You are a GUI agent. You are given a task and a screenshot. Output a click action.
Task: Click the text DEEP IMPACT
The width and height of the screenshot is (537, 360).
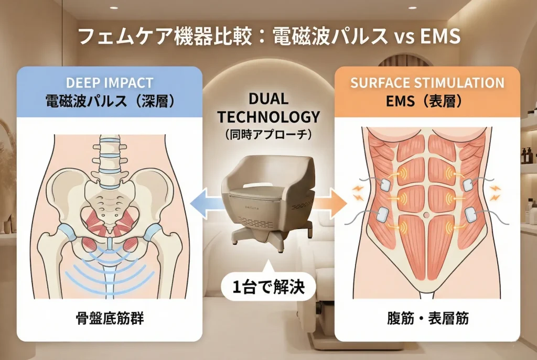pos(110,83)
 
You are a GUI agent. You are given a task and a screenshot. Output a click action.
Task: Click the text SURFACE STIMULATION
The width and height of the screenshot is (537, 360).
pos(427,83)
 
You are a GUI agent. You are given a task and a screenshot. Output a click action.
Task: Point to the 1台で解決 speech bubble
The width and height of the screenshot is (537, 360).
pos(268,287)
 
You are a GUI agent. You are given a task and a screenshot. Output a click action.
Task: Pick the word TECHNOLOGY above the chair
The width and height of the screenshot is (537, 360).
pos(268,117)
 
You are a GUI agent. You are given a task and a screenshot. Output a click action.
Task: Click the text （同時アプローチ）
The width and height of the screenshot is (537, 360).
pos(268,134)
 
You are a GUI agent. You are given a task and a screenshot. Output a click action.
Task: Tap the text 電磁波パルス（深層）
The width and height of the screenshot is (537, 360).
pos(110,101)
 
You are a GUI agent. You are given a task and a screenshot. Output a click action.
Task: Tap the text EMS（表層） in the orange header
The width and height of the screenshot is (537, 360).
pos(427,101)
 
